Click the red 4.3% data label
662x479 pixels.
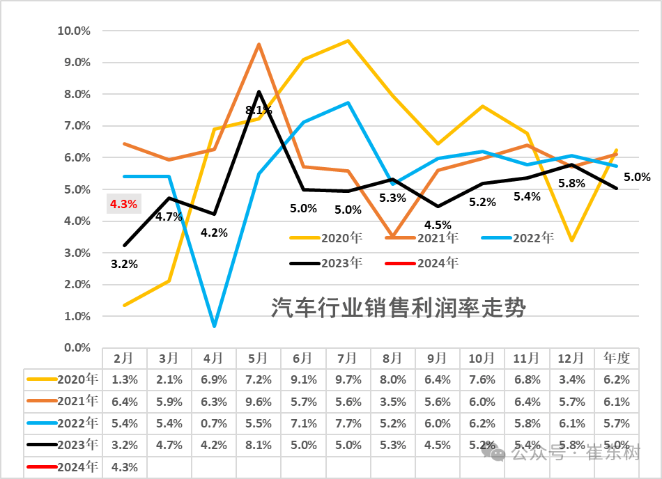click(123, 205)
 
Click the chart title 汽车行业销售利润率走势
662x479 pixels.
click(398, 307)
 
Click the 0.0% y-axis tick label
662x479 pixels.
click(76, 347)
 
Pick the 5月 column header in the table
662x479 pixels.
click(258, 359)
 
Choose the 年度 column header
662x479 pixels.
click(617, 359)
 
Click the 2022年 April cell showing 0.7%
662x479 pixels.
click(213, 423)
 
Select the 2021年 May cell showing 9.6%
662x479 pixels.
click(258, 402)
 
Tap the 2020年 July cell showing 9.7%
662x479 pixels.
click(348, 380)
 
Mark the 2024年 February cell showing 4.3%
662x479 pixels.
click(125, 467)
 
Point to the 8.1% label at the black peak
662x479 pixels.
click(259, 110)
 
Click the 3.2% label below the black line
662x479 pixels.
click(124, 264)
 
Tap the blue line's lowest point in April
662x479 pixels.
click(214, 326)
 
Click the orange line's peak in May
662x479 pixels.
click(259, 45)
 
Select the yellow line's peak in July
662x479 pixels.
click(348, 41)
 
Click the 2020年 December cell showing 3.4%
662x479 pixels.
click(571, 380)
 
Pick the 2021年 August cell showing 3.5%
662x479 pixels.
click(392, 402)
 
